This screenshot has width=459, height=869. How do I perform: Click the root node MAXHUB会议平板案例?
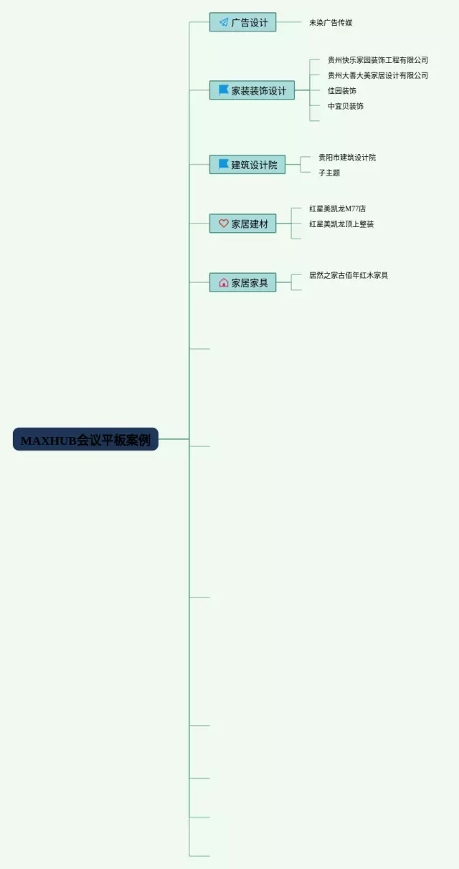85,439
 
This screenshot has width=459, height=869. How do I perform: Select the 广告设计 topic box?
242,22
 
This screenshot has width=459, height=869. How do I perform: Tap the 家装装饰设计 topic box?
252,90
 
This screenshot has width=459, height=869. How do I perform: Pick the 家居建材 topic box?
242,224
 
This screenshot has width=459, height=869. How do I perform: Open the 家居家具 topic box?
242,282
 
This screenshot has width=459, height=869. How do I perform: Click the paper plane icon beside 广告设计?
224,22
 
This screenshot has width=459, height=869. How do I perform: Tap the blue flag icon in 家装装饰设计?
224,90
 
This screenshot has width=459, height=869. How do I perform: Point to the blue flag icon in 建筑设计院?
224,164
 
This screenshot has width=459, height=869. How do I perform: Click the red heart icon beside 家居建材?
224,224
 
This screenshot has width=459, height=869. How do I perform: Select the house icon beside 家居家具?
224,282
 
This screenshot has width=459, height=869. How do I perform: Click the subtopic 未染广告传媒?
331,23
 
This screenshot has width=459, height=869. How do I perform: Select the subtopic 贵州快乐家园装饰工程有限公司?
377,60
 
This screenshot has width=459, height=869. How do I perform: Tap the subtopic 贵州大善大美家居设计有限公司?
377,75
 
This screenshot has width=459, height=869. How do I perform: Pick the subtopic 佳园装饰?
341,91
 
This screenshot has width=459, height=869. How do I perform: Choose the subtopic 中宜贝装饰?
345,106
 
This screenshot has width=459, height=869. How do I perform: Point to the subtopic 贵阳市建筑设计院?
347,158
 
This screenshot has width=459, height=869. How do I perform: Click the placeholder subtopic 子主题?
329,173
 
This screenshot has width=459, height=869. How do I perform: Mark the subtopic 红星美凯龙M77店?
337,208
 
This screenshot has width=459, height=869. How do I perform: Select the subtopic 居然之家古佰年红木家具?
349,275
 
